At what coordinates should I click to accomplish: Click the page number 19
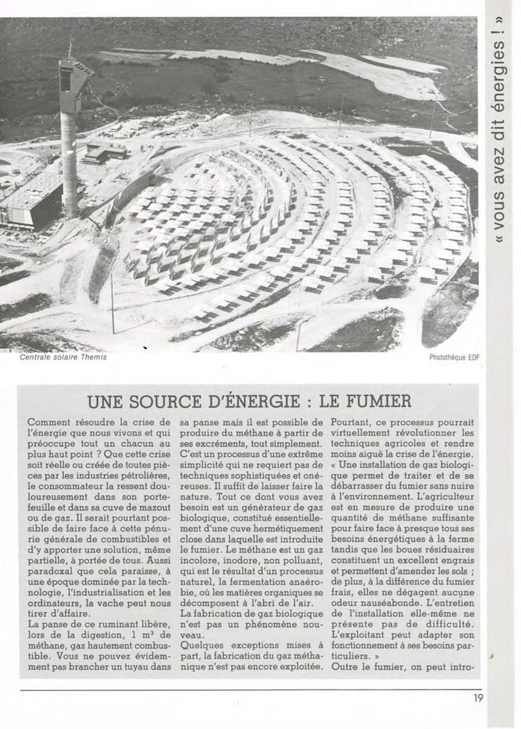[478, 698]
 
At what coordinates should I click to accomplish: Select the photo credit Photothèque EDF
[455, 357]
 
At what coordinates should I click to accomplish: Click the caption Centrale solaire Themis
[63, 357]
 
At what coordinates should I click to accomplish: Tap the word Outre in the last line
[349, 666]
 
